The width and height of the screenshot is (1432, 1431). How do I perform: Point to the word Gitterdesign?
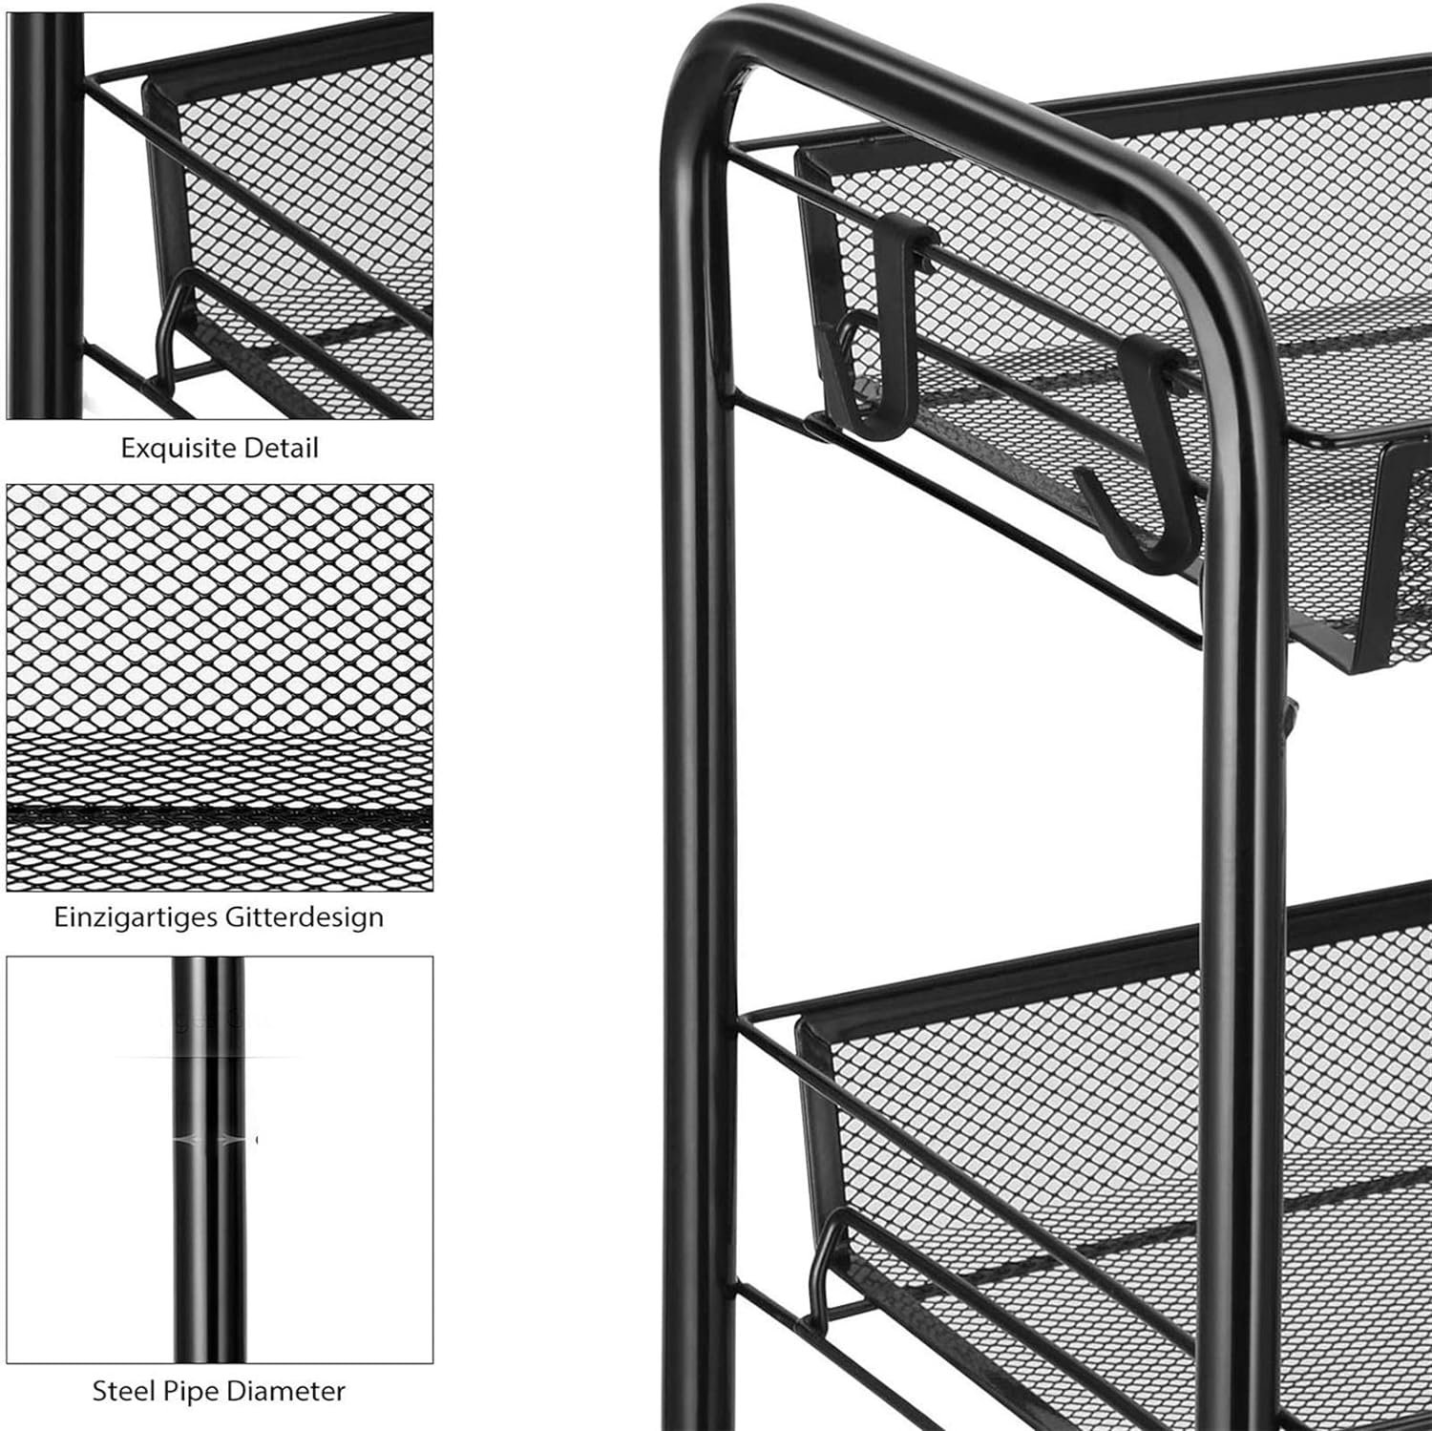click(305, 917)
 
